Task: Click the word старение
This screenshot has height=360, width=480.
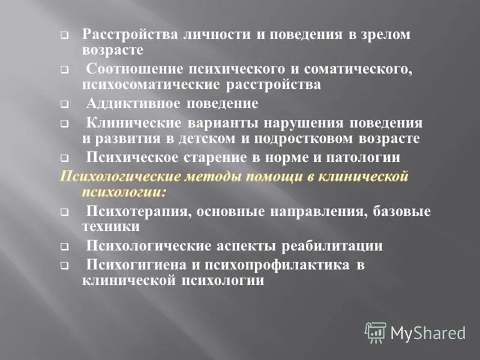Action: [x=215, y=158]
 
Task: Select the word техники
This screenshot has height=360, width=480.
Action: [x=110, y=227]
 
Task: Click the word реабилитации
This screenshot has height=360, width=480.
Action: [x=337, y=246]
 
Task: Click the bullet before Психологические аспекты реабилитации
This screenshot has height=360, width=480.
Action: [x=64, y=248]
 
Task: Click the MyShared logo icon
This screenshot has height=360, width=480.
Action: [x=376, y=332]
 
